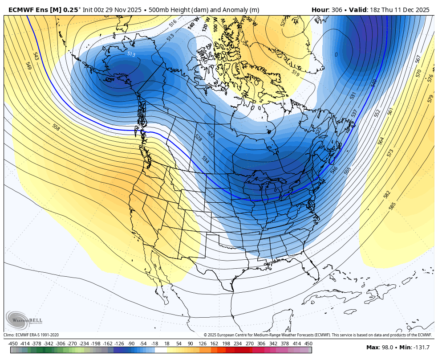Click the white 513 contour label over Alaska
[x=131, y=54]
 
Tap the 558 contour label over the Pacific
[x=56, y=128]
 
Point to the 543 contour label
[x=36, y=56]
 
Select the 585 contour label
[x=392, y=206]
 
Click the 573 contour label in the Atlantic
[x=390, y=153]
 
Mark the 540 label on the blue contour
[x=373, y=83]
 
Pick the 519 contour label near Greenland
[x=296, y=72]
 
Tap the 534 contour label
[x=205, y=159]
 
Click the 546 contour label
[x=334, y=170]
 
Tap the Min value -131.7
[x=421, y=348]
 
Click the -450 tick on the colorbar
[x=13, y=344]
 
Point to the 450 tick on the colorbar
[x=308, y=344]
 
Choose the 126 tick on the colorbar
[x=202, y=344]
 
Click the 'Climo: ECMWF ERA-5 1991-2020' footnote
[x=31, y=335]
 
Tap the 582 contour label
[x=387, y=195]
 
